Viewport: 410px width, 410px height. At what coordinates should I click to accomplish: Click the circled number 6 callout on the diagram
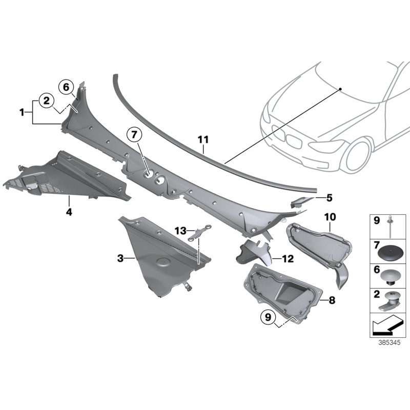coord(66,87)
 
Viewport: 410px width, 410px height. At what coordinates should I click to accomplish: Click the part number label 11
coord(203,139)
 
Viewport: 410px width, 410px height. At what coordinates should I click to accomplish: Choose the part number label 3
coord(120,259)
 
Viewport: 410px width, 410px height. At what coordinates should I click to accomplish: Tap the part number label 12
coord(288,259)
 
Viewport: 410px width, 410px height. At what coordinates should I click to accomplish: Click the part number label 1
coord(22,111)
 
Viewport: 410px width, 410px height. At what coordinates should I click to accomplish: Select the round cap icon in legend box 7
coord(391,253)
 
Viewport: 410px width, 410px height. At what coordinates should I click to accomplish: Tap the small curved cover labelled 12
coord(252,252)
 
